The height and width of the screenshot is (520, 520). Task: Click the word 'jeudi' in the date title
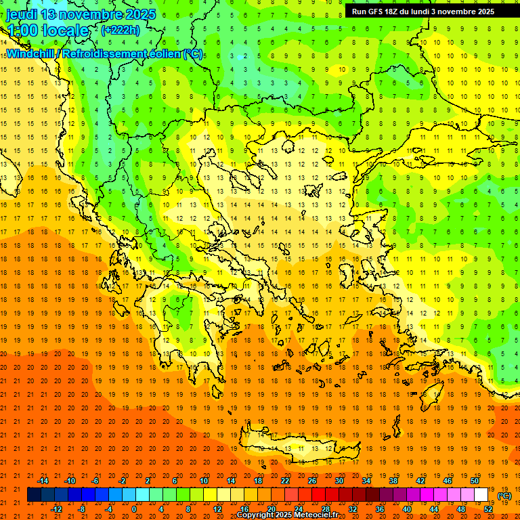pyautogui.click(x=22, y=14)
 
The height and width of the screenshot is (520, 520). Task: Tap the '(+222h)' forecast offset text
pyautogui.click(x=121, y=30)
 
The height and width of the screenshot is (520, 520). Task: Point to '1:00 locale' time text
pyautogui.click(x=48, y=30)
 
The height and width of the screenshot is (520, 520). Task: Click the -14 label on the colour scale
pyautogui.click(x=43, y=481)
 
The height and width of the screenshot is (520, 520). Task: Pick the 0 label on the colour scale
pyautogui.click(x=133, y=509)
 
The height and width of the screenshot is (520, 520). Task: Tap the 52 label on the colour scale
pyautogui.click(x=488, y=509)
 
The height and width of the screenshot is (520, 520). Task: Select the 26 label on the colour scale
pyautogui.click(x=312, y=481)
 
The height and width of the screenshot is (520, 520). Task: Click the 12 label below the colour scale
pyautogui.click(x=217, y=509)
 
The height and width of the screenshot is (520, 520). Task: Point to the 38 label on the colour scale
pyautogui.click(x=393, y=481)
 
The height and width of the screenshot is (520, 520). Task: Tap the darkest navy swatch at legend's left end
pyautogui.click(x=34, y=495)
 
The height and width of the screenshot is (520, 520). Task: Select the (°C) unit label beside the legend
pyautogui.click(x=504, y=496)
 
